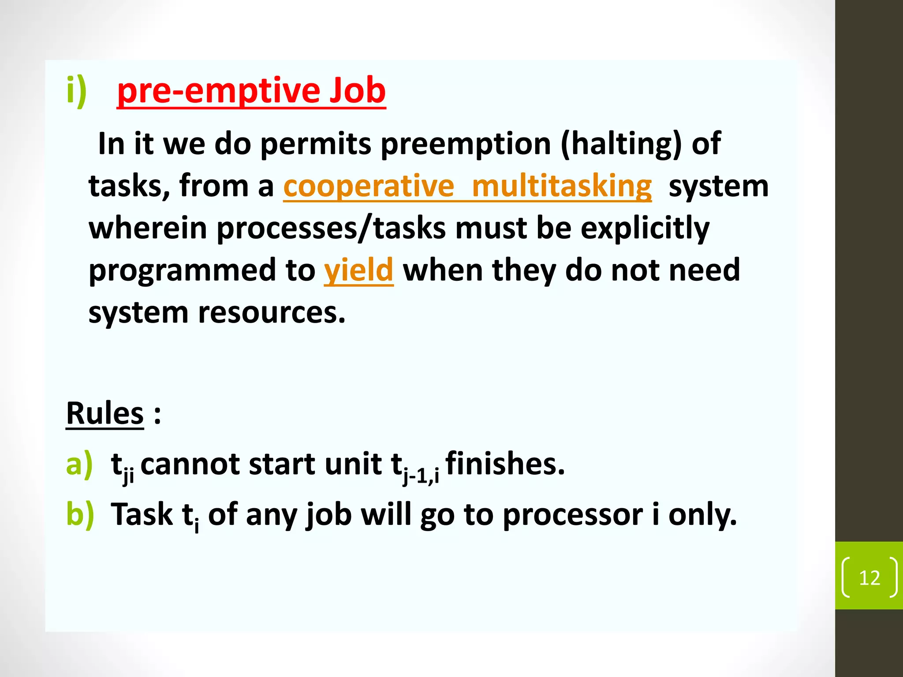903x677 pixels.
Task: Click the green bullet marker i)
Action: point(76,91)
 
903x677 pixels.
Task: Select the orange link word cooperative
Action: point(369,187)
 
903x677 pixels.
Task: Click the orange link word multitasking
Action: point(561,187)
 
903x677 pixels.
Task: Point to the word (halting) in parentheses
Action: point(621,145)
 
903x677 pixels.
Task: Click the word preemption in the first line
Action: point(465,145)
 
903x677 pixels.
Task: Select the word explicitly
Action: point(645,229)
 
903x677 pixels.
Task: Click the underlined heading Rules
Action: point(105,414)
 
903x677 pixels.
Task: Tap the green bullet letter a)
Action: point(79,464)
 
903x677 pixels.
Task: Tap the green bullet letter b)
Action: point(80,514)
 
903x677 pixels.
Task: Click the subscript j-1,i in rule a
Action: point(421,476)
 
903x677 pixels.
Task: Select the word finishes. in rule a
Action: point(505,464)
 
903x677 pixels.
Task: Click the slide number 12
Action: point(869,578)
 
